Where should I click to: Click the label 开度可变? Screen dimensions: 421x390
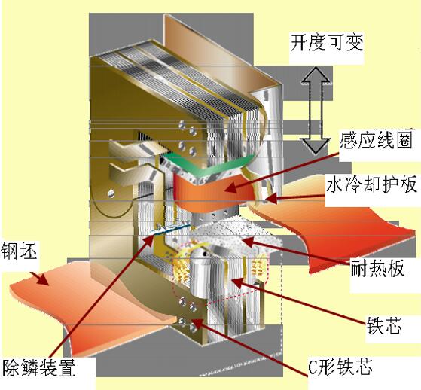click(x=327, y=43)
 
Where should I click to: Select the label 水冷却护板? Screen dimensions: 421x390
click(x=372, y=185)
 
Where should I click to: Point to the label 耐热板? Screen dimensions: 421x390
click(x=377, y=270)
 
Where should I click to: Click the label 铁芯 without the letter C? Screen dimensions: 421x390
click(x=385, y=326)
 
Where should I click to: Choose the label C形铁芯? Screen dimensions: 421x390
click(x=340, y=367)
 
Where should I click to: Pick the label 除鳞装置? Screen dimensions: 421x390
click(x=38, y=367)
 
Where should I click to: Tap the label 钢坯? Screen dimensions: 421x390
click(x=19, y=251)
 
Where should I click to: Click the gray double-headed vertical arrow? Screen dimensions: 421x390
click(x=316, y=111)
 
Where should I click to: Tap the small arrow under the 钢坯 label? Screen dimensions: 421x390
click(x=39, y=279)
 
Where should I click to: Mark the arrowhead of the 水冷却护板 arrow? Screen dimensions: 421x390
click(x=267, y=199)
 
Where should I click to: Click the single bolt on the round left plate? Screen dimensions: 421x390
click(x=111, y=193)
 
